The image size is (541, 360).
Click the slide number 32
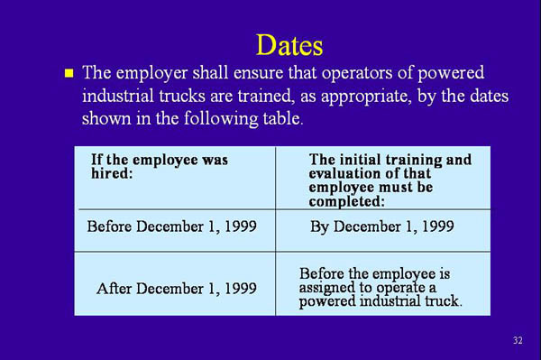point(517,340)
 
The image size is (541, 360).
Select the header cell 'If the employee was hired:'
point(160,166)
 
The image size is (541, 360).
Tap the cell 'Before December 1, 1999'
point(171,226)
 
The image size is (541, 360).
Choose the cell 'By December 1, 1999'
point(381,226)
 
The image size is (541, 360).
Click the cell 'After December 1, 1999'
point(176,289)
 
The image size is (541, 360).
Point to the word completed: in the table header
point(347,201)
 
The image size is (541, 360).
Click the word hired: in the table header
point(112,173)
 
